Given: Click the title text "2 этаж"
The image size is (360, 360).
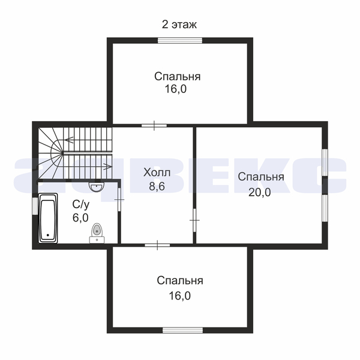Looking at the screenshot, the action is (179, 25).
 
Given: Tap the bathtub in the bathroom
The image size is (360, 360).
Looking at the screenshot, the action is (48, 218).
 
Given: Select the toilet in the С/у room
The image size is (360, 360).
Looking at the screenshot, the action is (97, 233).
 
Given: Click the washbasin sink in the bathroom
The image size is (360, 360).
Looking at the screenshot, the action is (97, 187).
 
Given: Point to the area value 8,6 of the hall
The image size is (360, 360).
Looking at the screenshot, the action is (157, 186).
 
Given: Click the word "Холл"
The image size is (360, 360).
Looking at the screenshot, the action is (157, 172).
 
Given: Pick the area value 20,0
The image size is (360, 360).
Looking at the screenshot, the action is (260, 192).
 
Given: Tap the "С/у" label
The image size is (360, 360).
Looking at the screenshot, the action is (81, 205).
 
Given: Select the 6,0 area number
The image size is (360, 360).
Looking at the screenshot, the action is (80, 217).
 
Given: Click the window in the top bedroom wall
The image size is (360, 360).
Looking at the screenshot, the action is (180, 40).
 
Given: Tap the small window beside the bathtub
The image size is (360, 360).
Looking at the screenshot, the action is (35, 206).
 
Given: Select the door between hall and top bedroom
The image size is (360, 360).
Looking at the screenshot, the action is (154, 125).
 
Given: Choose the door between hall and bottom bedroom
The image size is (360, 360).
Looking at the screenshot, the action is (157, 245).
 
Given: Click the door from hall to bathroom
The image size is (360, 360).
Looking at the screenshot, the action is (119, 200).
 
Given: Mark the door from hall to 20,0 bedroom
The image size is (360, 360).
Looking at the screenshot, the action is (194, 220).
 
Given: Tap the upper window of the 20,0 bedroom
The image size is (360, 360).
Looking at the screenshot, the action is (325, 163).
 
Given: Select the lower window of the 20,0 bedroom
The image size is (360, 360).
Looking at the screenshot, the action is (325, 208).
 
